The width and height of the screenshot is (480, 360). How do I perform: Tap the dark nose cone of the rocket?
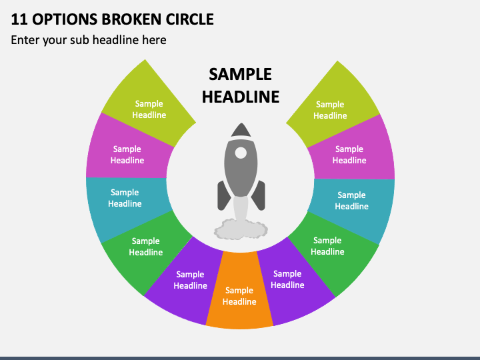(241, 130)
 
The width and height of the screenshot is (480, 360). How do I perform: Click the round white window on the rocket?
(241, 153)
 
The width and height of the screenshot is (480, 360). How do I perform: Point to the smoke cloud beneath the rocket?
(241, 229)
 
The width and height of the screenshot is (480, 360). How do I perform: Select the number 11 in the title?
(19, 19)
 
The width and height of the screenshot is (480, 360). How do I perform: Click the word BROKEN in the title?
(131, 19)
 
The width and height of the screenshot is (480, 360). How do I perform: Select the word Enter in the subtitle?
(25, 40)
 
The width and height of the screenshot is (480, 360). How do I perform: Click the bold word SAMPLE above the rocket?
(240, 75)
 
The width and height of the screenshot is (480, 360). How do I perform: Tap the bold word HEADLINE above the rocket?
(241, 97)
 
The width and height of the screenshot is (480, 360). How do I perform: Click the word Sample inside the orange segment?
(239, 290)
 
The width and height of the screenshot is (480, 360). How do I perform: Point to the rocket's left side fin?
(224, 195)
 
